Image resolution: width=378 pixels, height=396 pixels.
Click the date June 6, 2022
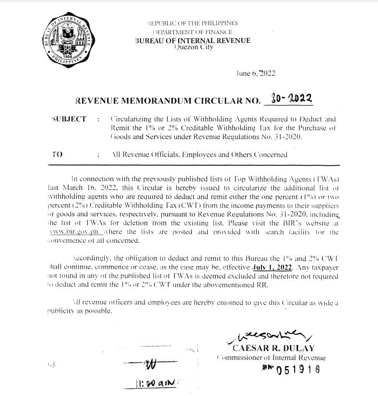coord(256,73)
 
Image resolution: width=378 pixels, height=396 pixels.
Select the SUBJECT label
coord(68,119)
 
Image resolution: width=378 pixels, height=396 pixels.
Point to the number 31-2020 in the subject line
coord(276,137)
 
